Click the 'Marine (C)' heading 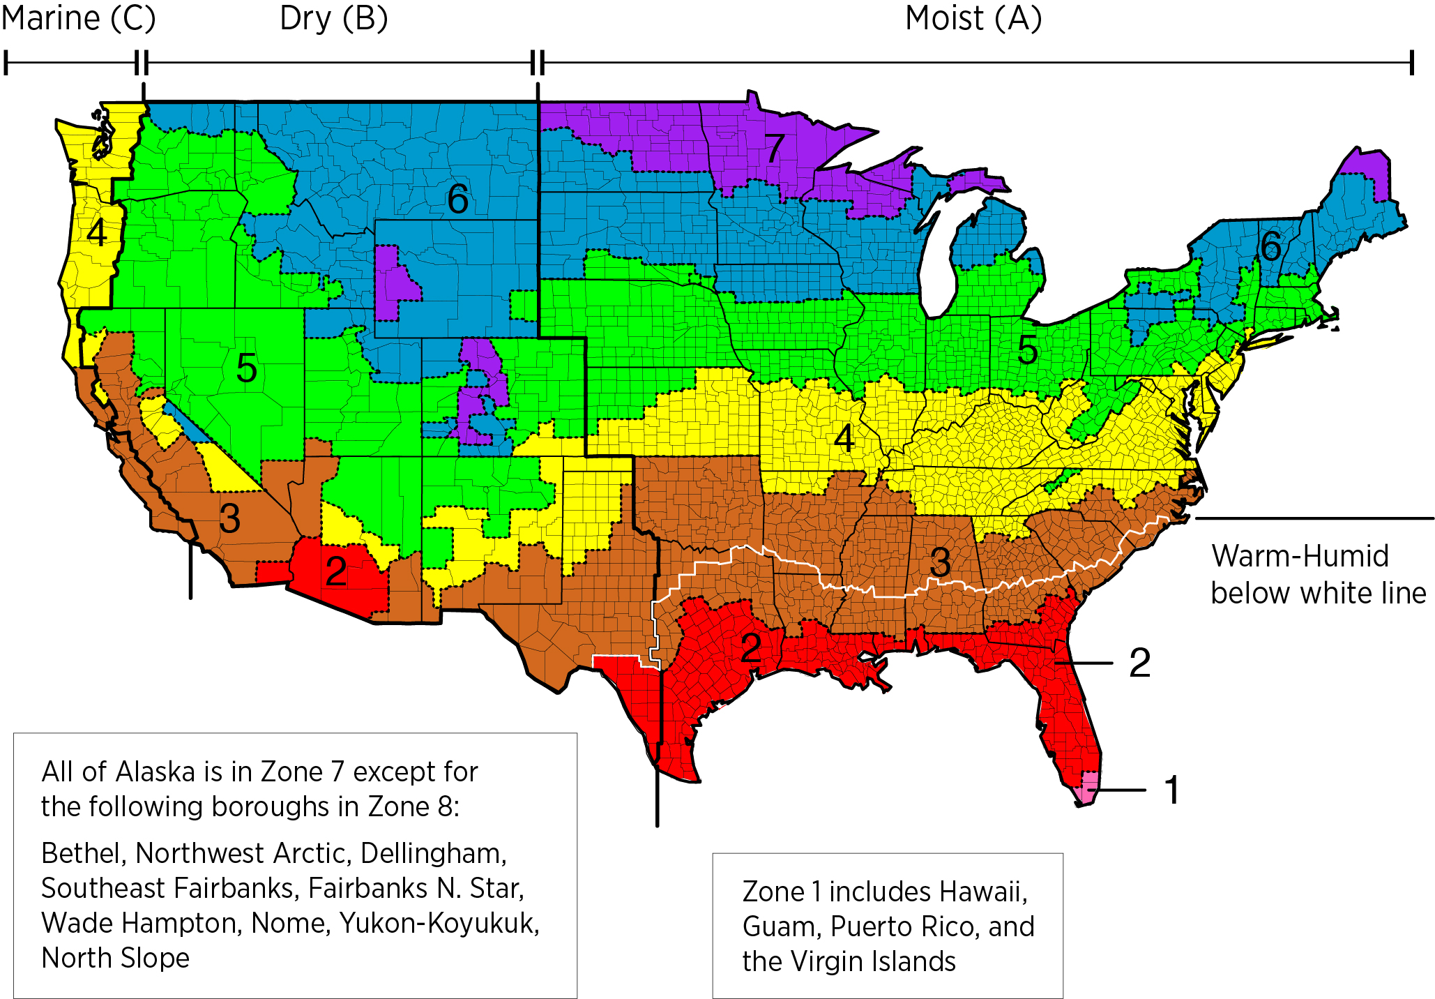click(78, 19)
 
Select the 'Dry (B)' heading click(333, 19)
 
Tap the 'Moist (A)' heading click(973, 19)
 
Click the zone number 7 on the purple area click(774, 148)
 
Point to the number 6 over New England click(1270, 246)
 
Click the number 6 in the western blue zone click(457, 200)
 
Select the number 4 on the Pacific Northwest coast click(97, 233)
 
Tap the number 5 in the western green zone click(246, 368)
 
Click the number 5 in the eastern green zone click(1027, 350)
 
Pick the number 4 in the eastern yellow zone click(844, 439)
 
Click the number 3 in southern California click(229, 518)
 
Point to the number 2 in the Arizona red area click(336, 571)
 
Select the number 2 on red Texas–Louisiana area click(751, 648)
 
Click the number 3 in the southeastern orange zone click(940, 562)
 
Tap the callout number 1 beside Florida click(1172, 790)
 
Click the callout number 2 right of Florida click(1139, 663)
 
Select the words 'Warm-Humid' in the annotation click(1300, 556)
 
